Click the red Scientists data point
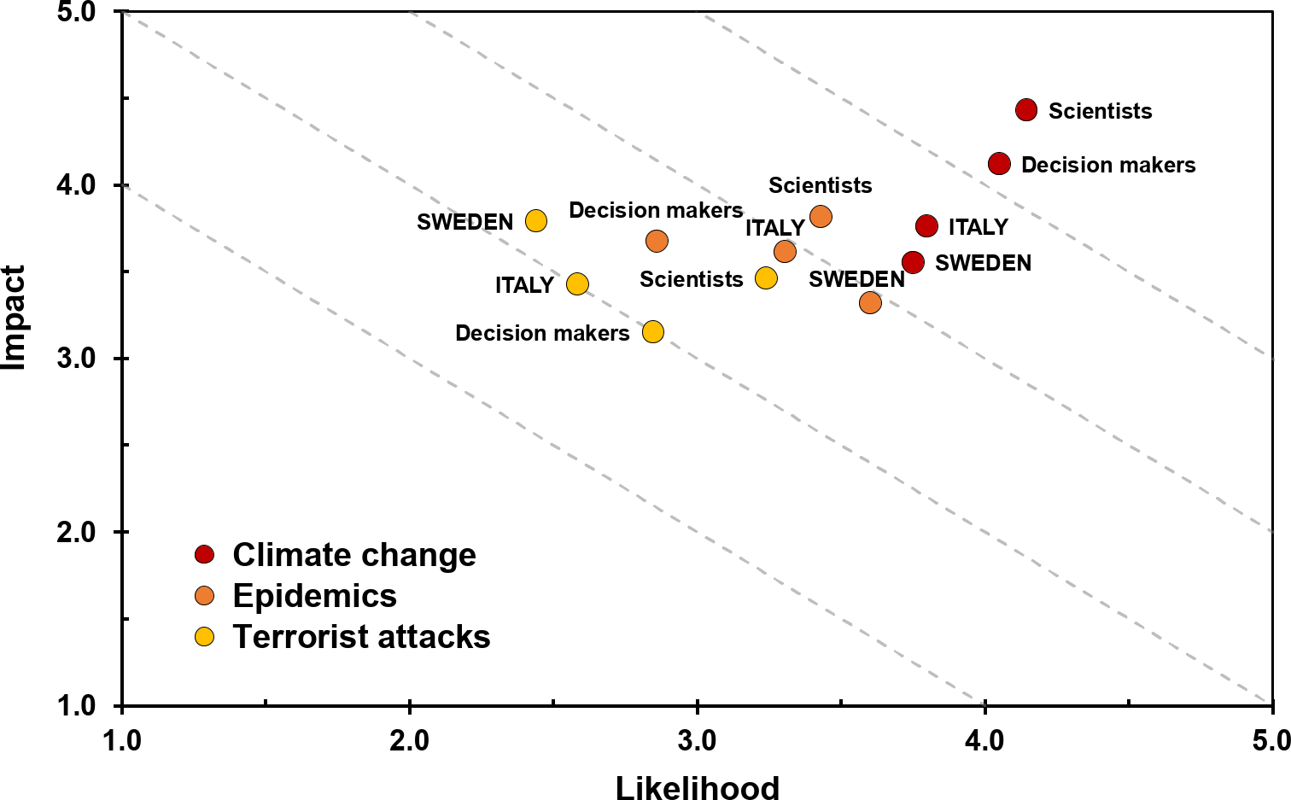tap(1026, 109)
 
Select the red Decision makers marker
tap(999, 164)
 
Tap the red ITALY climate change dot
tap(926, 226)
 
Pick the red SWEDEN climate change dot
tap(913, 262)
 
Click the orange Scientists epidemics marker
tap(821, 216)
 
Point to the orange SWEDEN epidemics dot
tap(870, 302)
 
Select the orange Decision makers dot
tap(657, 241)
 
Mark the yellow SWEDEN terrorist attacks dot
tap(536, 221)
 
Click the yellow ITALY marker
tap(578, 284)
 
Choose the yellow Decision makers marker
tap(653, 332)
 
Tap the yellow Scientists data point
tap(766, 278)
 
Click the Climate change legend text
tap(354, 555)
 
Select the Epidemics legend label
tap(315, 596)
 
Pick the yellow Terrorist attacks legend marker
tap(204, 636)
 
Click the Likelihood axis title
tap(698, 787)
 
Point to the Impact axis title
tap(15, 318)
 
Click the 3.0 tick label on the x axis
tap(698, 740)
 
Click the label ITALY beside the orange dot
tap(774, 228)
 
